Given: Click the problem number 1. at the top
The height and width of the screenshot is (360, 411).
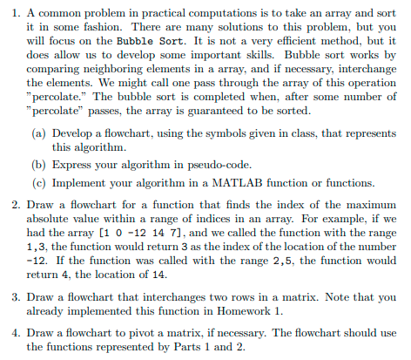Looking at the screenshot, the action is [x=14, y=10].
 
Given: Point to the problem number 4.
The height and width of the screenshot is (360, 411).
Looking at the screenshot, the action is [x=14, y=333].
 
